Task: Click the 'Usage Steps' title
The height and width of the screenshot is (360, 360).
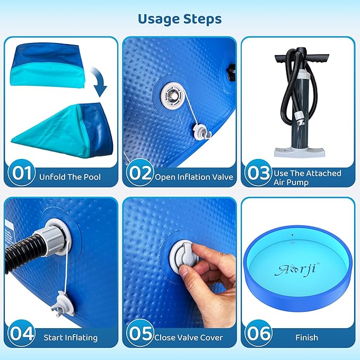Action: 180,19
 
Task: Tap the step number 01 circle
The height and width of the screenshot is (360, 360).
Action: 22,173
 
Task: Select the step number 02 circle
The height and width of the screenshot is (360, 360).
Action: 140,173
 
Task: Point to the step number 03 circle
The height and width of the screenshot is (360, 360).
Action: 258,173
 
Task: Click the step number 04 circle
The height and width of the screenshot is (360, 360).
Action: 22,333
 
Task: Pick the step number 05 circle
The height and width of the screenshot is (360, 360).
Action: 140,333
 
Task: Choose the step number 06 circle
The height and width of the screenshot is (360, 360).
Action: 258,333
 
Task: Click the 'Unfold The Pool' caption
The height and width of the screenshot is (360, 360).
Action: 70,177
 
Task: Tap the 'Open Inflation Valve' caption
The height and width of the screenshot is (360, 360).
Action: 194,177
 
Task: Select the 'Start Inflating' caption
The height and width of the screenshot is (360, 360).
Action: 71,338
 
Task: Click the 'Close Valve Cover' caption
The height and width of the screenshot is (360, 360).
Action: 189,338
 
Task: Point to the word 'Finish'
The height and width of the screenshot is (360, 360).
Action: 307,338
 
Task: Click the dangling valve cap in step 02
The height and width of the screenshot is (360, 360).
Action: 203,131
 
